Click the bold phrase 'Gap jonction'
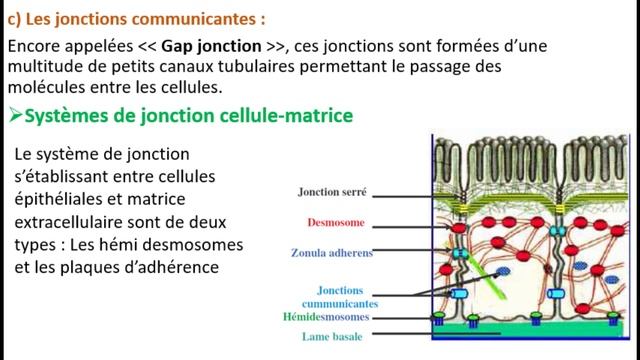point(201,48)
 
